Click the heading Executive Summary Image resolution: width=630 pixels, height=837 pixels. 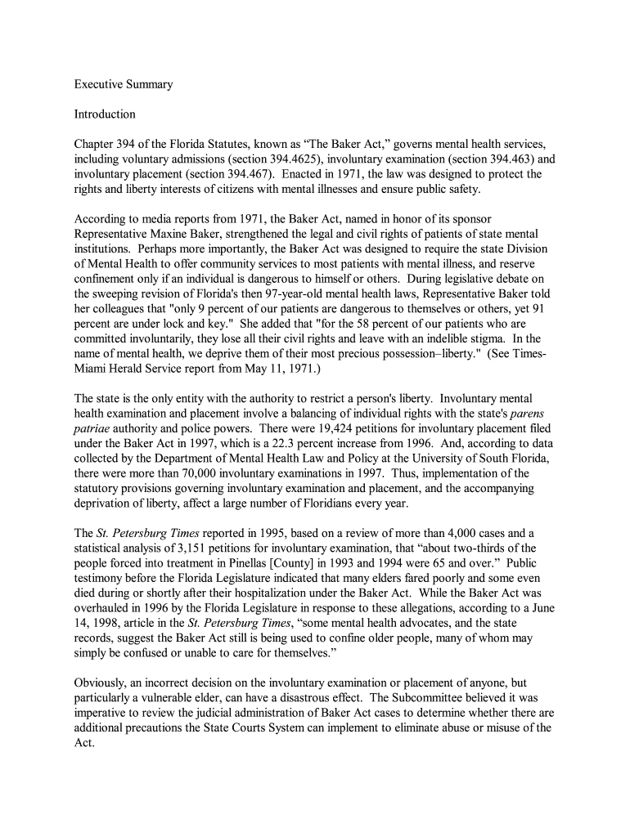point(124,84)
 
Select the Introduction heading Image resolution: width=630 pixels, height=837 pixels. point(105,114)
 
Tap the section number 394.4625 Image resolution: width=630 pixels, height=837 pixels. point(299,159)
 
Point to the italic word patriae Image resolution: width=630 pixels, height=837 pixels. point(92,428)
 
